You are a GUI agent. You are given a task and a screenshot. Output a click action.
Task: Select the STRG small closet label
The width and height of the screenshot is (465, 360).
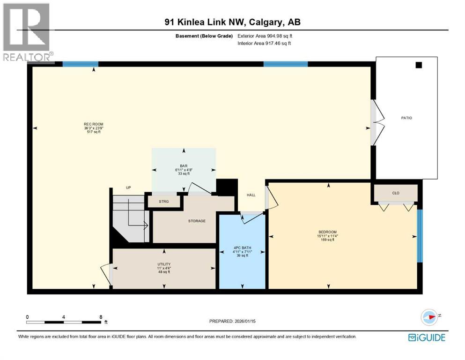point(163,202)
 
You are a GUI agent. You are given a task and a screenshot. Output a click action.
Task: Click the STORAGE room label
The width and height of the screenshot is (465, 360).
point(197,221)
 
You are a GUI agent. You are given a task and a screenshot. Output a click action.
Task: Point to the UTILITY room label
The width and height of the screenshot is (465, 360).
point(163,264)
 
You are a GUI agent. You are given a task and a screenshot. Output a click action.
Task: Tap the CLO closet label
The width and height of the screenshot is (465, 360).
point(396,193)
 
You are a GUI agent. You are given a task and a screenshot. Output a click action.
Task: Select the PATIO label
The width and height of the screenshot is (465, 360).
point(406,118)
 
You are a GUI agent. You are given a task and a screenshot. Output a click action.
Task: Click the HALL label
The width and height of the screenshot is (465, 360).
point(251,195)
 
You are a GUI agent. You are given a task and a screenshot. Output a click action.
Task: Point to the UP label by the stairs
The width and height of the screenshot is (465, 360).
point(128,187)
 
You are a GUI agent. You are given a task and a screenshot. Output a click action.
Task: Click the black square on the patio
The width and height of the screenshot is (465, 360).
point(419,65)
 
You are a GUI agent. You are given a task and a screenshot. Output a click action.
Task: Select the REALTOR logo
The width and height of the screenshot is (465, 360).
point(27,32)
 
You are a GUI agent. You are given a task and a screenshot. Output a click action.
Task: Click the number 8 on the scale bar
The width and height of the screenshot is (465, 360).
point(101,317)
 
